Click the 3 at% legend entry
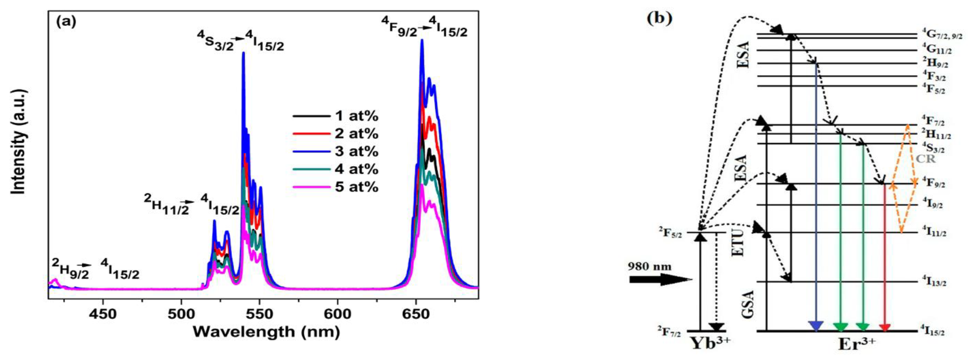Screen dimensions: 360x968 tap(336, 151)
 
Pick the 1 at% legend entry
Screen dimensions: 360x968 tap(336, 116)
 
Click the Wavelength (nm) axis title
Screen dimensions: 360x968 tap(266, 331)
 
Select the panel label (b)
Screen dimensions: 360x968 tap(659, 18)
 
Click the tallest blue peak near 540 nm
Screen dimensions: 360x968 tap(243, 53)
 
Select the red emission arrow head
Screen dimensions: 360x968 tap(885, 327)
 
